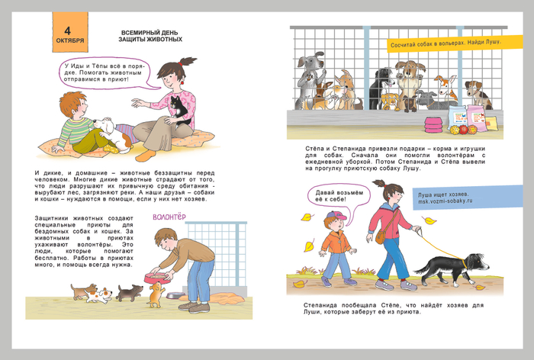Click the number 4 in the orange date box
click(67, 31)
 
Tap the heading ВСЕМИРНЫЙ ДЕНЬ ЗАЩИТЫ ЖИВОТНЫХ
click(150, 36)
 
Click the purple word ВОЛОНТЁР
click(169, 217)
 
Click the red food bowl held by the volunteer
click(158, 278)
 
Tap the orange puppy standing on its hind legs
click(156, 294)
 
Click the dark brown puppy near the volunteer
click(130, 292)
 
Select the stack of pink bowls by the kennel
click(433, 124)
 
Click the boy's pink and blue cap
click(336, 215)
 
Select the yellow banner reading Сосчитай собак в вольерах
click(455, 43)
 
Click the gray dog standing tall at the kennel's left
click(309, 81)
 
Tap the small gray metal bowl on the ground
click(175, 295)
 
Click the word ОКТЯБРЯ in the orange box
click(70, 40)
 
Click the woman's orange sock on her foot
click(146, 155)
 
